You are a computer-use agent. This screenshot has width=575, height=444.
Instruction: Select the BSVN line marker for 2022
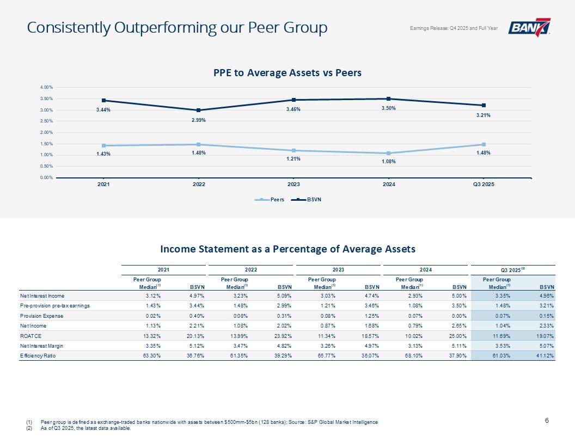tap(199, 110)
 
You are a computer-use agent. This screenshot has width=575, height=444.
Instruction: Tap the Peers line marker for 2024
tap(388, 153)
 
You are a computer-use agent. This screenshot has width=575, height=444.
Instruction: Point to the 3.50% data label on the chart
tap(388, 108)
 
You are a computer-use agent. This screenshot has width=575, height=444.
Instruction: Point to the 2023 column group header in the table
tap(338, 269)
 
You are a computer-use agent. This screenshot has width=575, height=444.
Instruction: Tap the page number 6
tap(547, 420)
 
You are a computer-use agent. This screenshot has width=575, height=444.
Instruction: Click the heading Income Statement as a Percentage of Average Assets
tap(287, 249)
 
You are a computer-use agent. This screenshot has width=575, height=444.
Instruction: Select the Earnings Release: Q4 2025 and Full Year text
tap(454, 28)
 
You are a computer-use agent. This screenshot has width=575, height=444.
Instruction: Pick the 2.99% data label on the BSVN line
tap(198, 120)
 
